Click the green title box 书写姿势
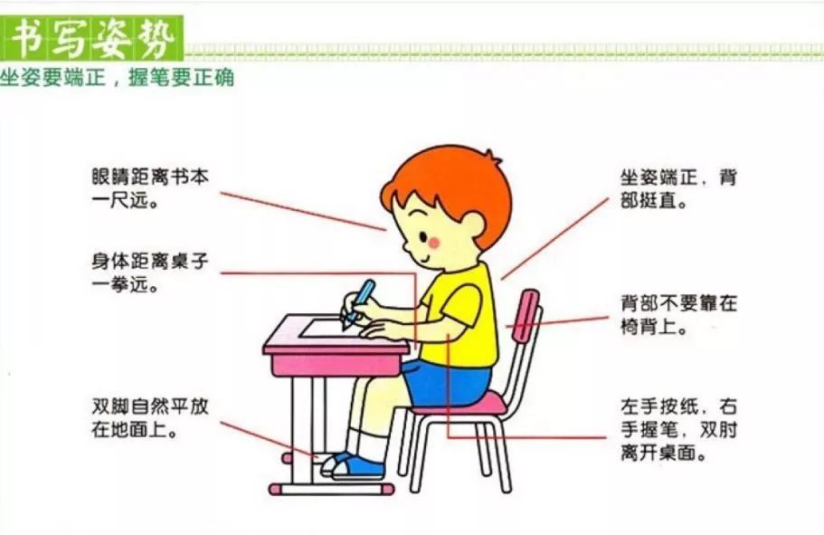tap(92, 38)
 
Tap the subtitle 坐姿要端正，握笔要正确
tap(117, 78)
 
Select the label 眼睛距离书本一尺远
tap(150, 188)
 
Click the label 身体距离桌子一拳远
tap(150, 272)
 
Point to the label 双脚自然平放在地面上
tap(150, 417)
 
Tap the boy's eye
tap(423, 237)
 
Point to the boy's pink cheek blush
tap(434, 243)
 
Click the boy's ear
tap(471, 226)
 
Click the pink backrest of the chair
tap(526, 315)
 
